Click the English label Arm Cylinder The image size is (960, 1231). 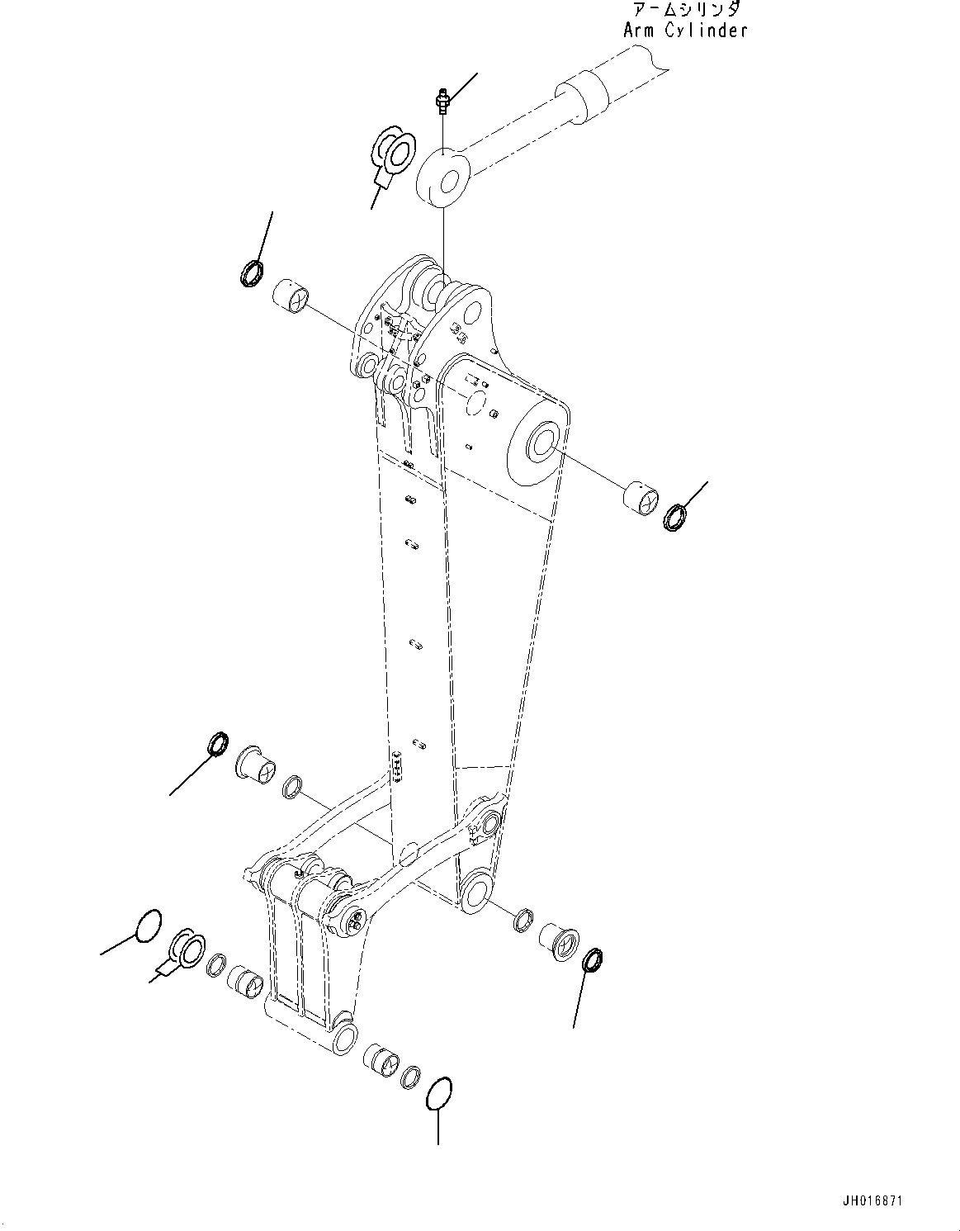coord(684,31)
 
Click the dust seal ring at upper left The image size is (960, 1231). coord(251,272)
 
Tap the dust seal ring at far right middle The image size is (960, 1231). coord(675,517)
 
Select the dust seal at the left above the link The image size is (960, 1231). coord(217,743)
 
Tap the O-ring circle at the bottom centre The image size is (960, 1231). coord(438,1095)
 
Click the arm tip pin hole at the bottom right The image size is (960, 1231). coord(476,894)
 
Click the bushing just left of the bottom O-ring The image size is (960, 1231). coord(382,1059)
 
